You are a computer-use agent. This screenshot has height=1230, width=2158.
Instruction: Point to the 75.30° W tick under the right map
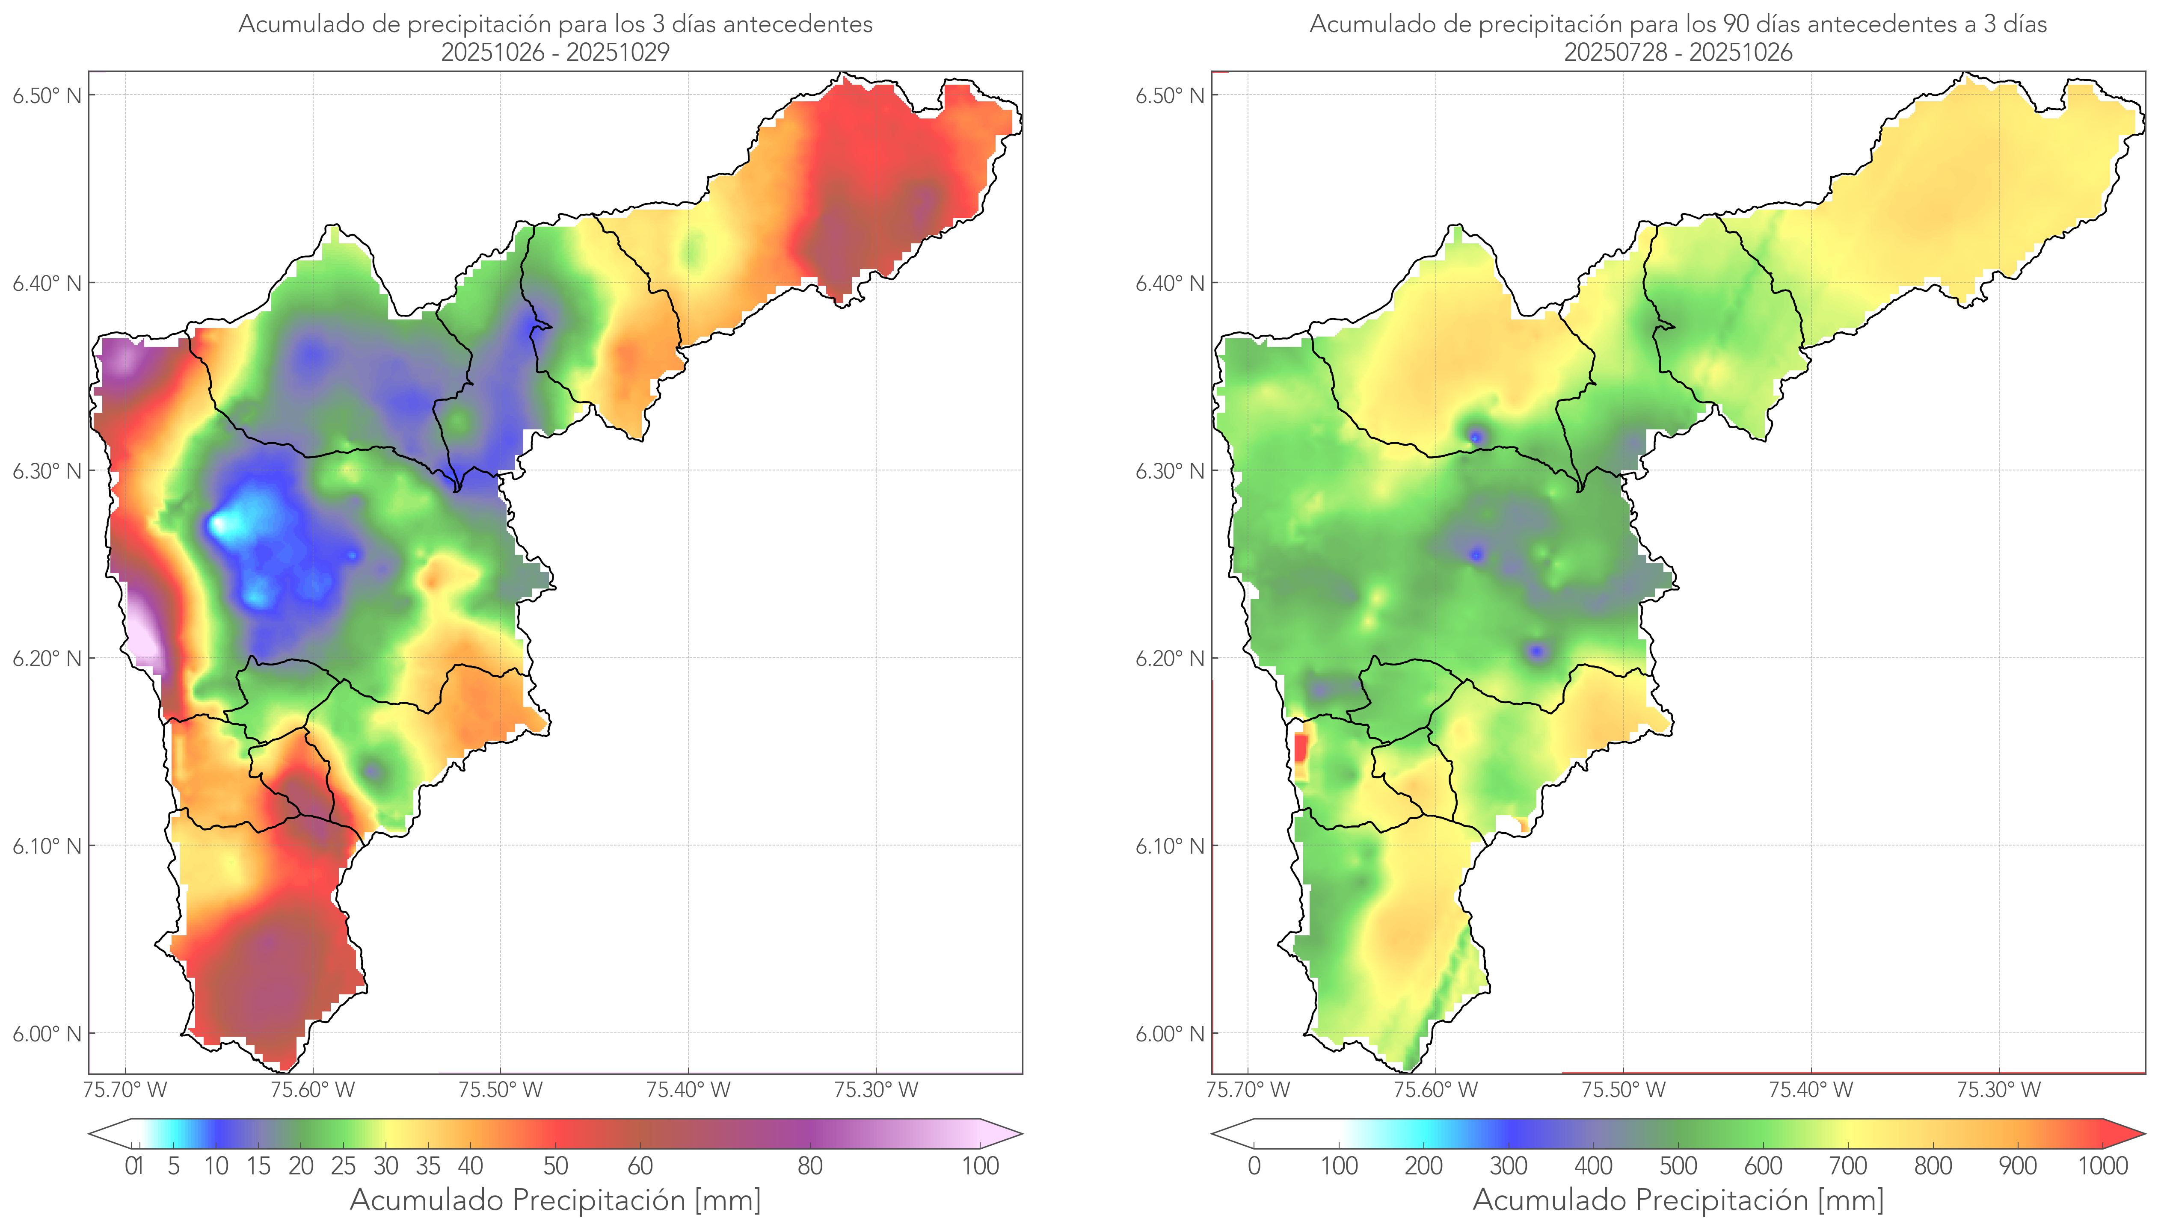(1998, 1090)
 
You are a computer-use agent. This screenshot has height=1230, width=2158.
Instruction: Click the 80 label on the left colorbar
(809, 1166)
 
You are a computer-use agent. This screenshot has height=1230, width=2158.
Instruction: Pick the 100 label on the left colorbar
(980, 1166)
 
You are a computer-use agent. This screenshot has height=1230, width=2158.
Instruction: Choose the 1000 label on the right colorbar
(2102, 1166)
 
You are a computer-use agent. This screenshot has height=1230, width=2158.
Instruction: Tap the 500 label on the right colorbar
(1678, 1166)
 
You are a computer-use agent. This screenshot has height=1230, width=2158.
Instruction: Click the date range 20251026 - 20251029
(555, 52)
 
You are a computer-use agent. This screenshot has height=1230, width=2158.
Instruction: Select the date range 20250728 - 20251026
(1678, 52)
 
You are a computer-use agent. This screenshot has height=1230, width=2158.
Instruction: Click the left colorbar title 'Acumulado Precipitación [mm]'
(555, 1200)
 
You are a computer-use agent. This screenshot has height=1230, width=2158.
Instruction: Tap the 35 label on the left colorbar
(427, 1166)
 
